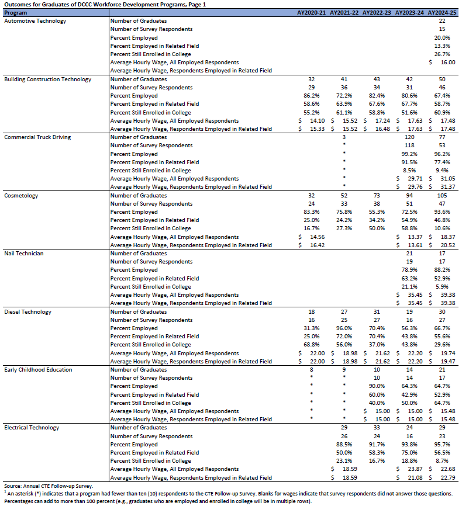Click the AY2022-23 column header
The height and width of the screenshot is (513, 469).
377,12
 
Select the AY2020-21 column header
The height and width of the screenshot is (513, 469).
312,12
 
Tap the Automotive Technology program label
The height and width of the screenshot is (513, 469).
35,21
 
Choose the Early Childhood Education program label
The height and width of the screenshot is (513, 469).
38,370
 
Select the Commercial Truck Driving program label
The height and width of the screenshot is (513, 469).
37,137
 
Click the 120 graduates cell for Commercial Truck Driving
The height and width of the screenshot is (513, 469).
409,137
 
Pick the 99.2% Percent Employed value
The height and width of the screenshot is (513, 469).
409,154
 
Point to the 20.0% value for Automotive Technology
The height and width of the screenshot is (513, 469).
442,37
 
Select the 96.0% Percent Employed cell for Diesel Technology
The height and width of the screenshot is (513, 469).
344,328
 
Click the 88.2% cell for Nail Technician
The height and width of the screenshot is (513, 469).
442,271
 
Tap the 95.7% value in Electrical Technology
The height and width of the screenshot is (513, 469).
442,444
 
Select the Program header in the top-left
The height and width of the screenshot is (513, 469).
15,12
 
